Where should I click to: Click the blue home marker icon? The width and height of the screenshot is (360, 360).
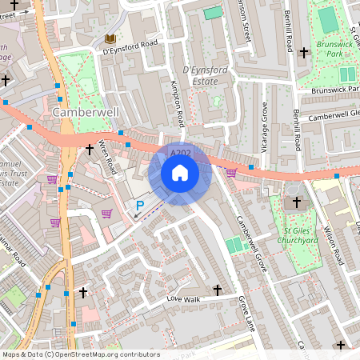coord(180,172)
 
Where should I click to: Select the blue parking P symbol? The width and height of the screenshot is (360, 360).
coord(139,206)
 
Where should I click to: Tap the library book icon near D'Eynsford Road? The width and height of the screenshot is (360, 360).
coord(109,38)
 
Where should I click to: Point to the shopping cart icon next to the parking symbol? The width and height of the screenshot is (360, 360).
coord(106,213)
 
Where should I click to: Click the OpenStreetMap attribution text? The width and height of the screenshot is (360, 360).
coord(81,354)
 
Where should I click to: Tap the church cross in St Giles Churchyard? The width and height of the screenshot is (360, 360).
coord(298,202)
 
